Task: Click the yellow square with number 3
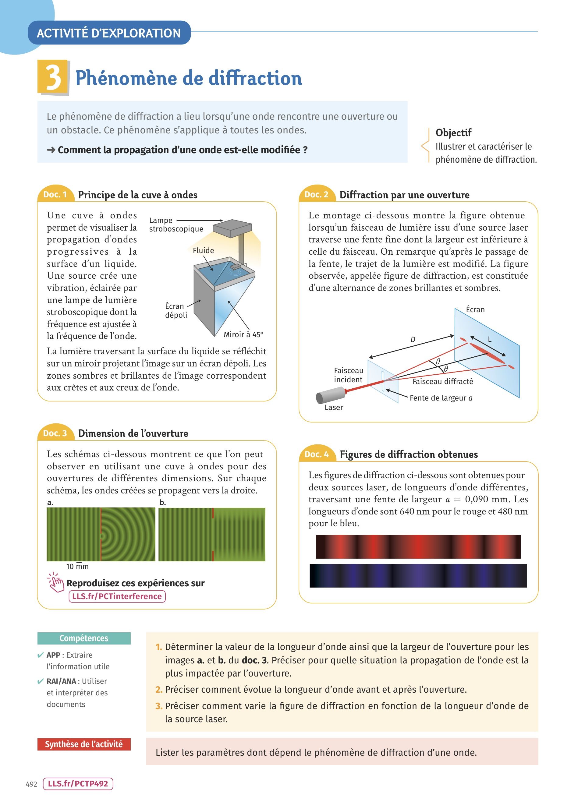click(52, 76)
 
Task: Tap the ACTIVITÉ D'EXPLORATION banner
click(109, 33)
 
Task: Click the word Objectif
click(453, 133)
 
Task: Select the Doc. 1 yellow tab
click(55, 194)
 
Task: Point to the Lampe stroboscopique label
click(176, 224)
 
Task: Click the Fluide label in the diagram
click(203, 250)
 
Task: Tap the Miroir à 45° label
click(243, 334)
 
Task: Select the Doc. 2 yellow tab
click(316, 194)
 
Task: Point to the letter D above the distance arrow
click(413, 339)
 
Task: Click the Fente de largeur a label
click(441, 398)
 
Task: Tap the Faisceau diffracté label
click(443, 381)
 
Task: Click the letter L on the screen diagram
click(490, 339)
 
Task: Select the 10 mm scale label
click(77, 567)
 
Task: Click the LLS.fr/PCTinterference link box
click(117, 596)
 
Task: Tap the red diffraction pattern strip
click(418, 546)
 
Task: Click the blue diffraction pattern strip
click(418, 575)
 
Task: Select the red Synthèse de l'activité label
click(84, 744)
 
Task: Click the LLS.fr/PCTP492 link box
click(78, 784)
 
